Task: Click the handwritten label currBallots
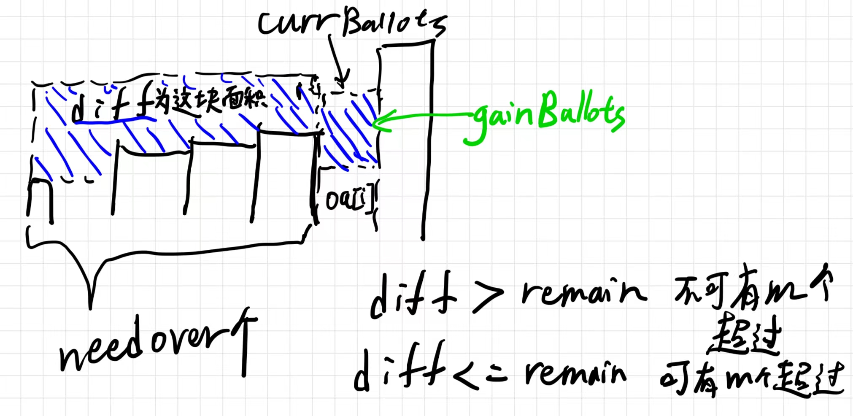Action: click(352, 23)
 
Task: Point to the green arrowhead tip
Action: click(374, 123)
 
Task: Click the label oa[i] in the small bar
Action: click(349, 199)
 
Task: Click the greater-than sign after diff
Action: click(487, 297)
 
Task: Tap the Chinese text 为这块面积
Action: click(209, 101)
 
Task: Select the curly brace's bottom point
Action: click(90, 307)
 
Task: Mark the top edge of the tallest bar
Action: click(407, 44)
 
